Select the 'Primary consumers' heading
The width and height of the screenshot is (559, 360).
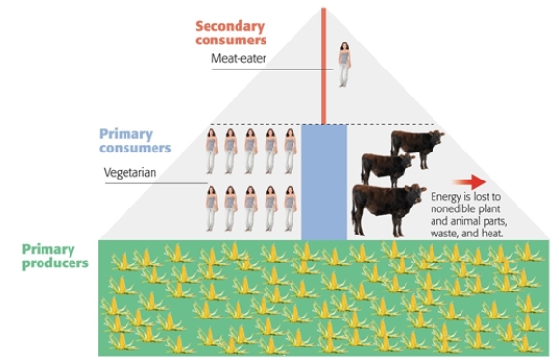click(135, 141)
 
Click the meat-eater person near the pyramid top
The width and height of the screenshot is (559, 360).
click(343, 65)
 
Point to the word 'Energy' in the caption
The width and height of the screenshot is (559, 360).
click(448, 196)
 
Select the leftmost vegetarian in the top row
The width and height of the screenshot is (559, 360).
click(210, 152)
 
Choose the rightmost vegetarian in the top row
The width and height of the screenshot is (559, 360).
click(289, 152)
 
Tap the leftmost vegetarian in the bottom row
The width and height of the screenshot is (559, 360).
click(210, 208)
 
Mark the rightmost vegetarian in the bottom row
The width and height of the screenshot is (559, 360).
click(289, 208)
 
